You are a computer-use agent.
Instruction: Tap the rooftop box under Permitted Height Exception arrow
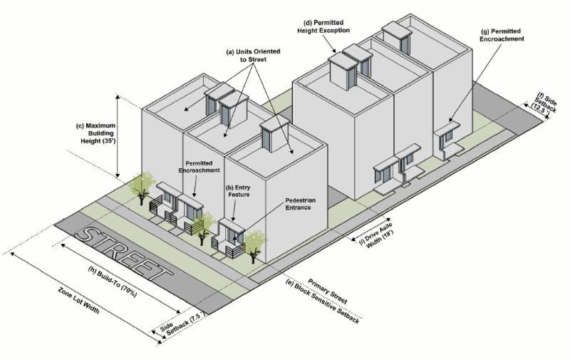345,71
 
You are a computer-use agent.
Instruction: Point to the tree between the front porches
204,223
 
